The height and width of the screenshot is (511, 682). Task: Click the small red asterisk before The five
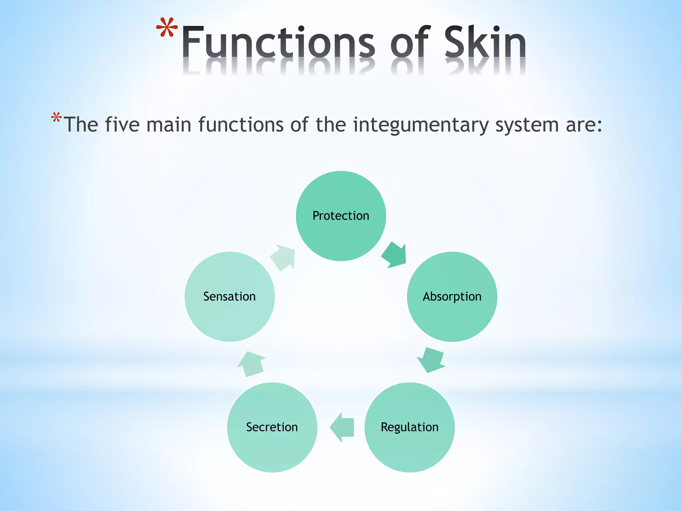coord(56,118)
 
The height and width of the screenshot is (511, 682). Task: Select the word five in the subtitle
coord(122,124)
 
